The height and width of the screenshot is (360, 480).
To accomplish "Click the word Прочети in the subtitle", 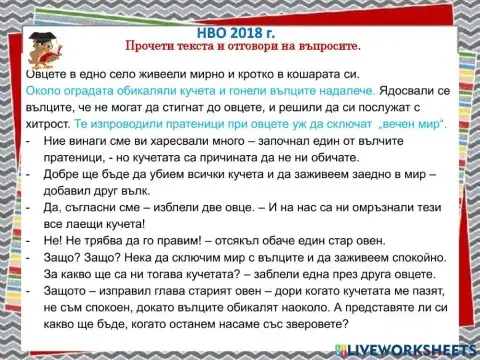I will tap(150, 47).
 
